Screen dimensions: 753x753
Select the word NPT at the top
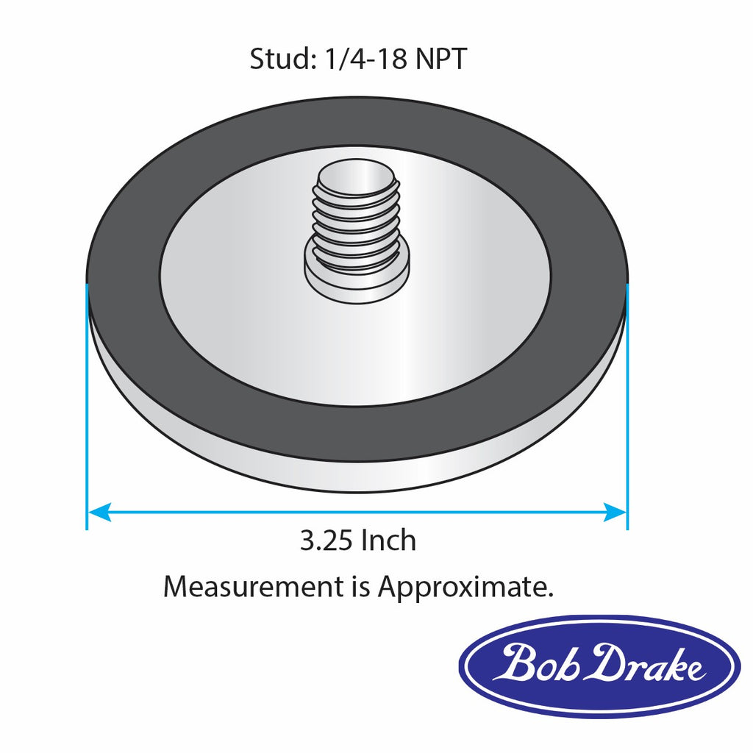(441, 59)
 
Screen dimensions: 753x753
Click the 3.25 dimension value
(327, 540)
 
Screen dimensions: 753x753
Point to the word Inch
(388, 540)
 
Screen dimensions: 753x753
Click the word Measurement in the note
(254, 586)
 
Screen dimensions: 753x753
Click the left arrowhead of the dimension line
(100, 512)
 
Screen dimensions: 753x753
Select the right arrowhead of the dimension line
(615, 512)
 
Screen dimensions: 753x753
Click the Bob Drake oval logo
(596, 666)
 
